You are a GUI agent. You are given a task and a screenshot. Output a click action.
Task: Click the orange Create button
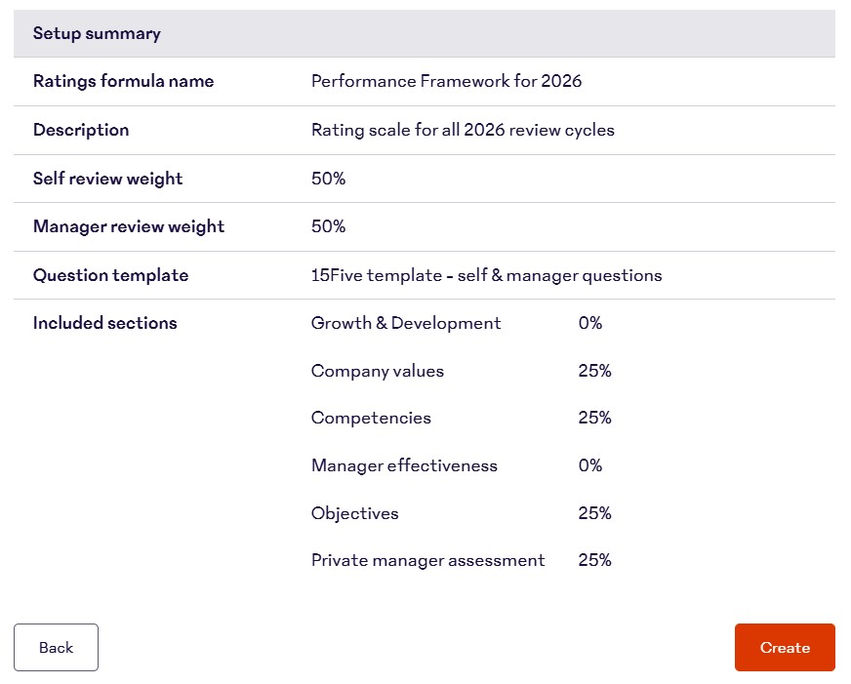(x=785, y=648)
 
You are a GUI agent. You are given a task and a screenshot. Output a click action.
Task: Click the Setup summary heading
(x=97, y=34)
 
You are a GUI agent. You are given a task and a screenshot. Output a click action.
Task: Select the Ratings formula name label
(x=123, y=82)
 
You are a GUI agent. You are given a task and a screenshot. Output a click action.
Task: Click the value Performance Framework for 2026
(x=446, y=82)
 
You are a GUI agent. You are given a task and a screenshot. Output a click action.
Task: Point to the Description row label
(x=81, y=130)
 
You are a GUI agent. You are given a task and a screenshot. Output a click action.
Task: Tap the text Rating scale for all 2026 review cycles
(x=463, y=130)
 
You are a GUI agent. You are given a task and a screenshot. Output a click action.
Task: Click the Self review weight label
(x=107, y=179)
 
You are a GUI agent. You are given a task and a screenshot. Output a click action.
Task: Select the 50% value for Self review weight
(x=328, y=179)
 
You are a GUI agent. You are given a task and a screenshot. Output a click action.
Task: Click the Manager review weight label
(x=129, y=226)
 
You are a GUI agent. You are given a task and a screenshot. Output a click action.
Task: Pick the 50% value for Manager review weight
(x=328, y=226)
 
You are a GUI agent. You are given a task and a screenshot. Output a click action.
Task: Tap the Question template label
(x=110, y=275)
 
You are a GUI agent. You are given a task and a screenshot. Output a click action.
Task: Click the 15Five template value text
(x=486, y=275)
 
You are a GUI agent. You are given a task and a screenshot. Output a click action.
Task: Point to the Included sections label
(x=105, y=323)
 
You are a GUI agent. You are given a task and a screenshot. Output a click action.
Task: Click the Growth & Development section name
(x=406, y=323)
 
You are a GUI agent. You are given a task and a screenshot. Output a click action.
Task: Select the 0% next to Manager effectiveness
(x=590, y=465)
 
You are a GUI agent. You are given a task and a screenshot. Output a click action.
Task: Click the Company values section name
(x=378, y=371)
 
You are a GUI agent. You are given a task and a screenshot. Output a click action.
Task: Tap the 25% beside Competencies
(x=594, y=418)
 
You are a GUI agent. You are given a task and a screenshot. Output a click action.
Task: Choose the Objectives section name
(x=355, y=513)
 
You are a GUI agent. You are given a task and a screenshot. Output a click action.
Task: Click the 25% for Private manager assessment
(x=594, y=560)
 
